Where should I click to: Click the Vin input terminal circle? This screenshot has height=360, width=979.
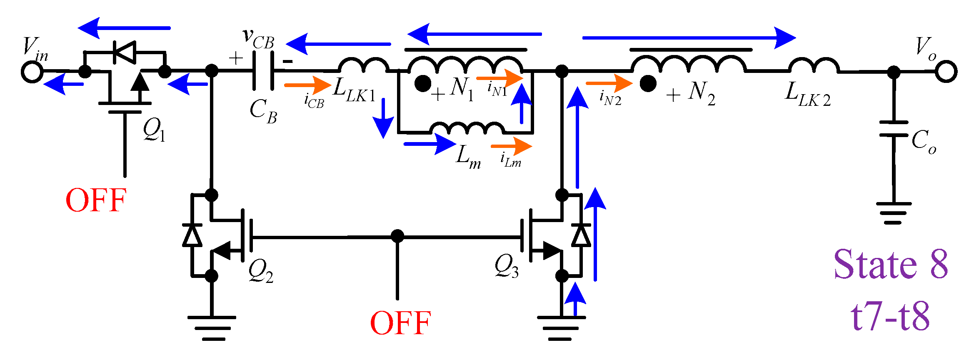[32, 72]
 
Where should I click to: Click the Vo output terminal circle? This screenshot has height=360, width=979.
[946, 72]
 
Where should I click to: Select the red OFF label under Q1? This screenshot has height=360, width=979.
[96, 200]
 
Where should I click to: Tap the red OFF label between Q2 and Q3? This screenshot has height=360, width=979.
[400, 323]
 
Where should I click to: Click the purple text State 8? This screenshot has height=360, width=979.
[891, 265]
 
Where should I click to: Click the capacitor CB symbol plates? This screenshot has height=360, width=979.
[263, 71]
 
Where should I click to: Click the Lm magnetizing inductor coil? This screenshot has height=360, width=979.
[467, 128]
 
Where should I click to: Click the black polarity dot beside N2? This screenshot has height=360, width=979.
[648, 84]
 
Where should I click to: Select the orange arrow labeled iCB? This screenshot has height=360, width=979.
[307, 85]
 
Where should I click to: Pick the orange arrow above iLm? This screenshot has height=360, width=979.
[511, 146]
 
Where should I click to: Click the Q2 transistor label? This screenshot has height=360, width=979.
[261, 271]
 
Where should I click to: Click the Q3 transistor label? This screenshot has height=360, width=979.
[506, 266]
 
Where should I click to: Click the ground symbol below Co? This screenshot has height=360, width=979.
[894, 213]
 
